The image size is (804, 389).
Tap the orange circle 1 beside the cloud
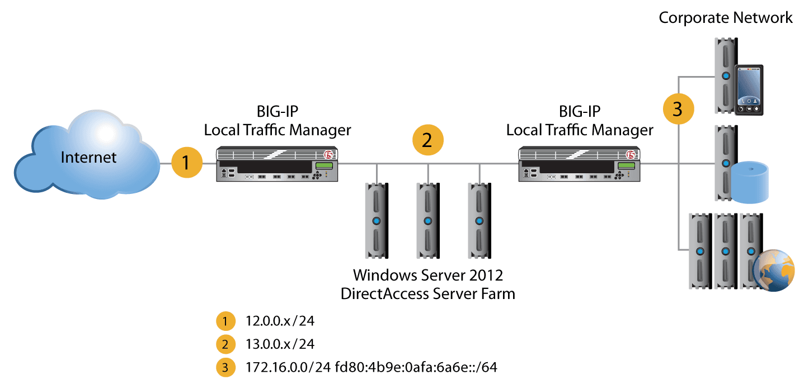[x=187, y=164]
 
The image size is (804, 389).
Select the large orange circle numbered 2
[x=427, y=141]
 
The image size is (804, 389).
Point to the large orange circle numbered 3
[x=678, y=109]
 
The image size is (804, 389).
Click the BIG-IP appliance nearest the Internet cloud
[x=276, y=163]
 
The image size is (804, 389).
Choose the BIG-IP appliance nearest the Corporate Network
[x=579, y=163]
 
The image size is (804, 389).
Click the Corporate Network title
[x=725, y=18]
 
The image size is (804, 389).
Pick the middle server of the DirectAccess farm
[x=427, y=221]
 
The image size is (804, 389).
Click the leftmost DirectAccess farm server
[x=377, y=221]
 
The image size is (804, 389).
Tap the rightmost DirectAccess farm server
[x=479, y=221]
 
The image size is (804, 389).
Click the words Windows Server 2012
[x=428, y=276]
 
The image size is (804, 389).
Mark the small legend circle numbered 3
[x=224, y=367]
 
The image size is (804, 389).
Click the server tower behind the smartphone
[x=725, y=75]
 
